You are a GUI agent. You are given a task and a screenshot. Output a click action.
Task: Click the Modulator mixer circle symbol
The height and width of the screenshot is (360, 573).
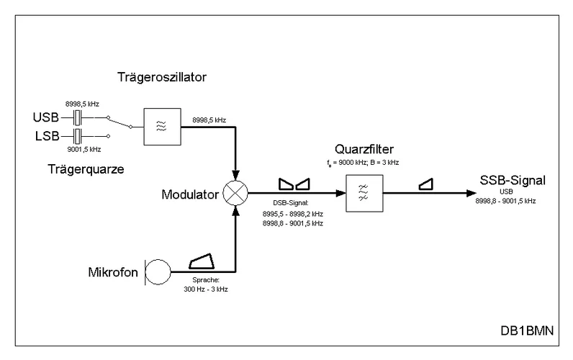tap(235, 194)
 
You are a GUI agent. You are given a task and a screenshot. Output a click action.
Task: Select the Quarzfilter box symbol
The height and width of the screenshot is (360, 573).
tap(362, 194)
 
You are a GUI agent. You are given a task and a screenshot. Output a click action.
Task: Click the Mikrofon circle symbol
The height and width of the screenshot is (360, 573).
tap(158, 273)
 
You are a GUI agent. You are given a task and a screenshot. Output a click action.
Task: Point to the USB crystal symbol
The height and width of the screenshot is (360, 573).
tap(80, 116)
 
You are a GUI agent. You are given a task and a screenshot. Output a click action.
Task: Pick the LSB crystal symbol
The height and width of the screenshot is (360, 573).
tap(80, 135)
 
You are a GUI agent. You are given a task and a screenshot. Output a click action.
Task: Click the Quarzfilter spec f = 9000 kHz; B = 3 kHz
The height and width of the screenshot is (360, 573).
tap(363, 163)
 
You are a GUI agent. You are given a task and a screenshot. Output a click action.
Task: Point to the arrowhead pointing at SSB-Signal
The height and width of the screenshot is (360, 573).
tap(467, 194)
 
